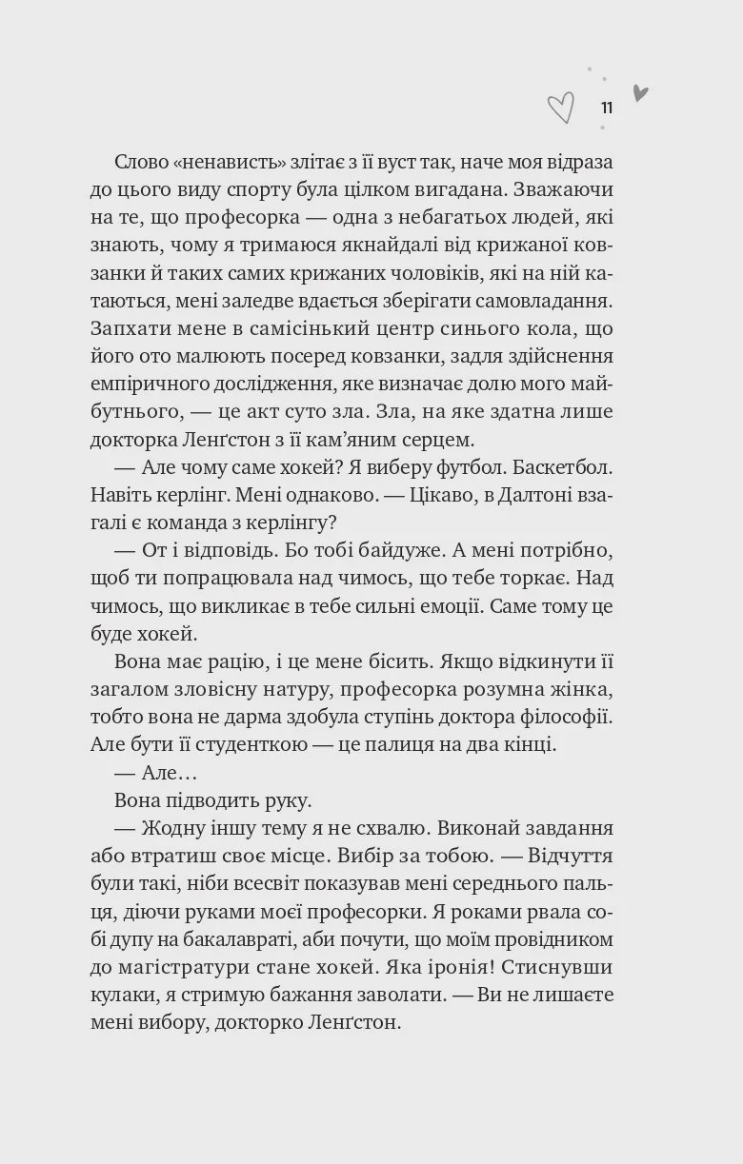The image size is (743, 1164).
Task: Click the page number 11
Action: click(607, 108)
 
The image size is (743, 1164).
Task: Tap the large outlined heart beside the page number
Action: click(561, 108)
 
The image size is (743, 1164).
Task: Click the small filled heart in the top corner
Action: click(640, 93)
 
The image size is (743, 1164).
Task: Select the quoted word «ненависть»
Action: click(223, 163)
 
